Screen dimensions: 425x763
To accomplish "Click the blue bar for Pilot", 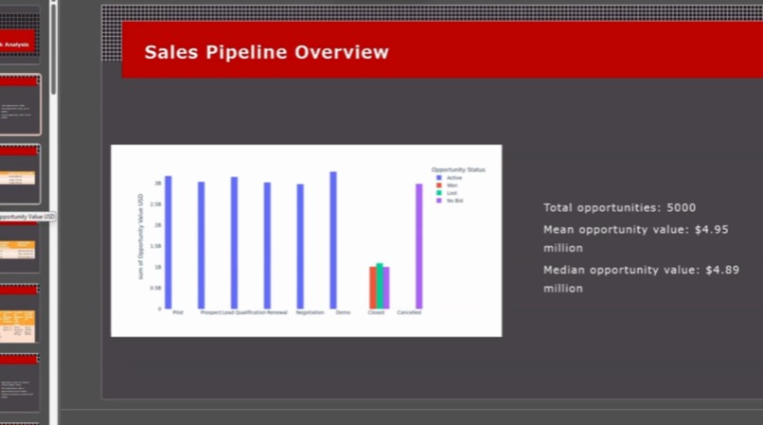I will click(x=169, y=242).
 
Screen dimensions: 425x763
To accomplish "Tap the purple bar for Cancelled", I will click(x=418, y=246).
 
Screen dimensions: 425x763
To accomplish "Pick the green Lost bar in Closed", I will click(x=380, y=286).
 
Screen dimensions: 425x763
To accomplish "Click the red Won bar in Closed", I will click(x=372, y=288).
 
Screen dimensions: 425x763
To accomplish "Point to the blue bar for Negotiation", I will click(x=300, y=246).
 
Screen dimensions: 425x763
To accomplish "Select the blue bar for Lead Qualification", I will click(x=234, y=242).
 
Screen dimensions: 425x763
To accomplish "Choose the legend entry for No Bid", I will click(x=454, y=201).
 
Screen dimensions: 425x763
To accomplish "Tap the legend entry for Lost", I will click(x=452, y=193).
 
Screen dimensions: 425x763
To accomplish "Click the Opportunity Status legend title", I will click(x=458, y=169).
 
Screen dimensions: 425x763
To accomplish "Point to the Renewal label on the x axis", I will click(x=276, y=312).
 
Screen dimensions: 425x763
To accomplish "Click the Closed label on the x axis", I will click(x=376, y=312).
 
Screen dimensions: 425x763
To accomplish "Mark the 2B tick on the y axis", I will click(x=158, y=225).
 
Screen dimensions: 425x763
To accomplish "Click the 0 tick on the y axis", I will click(x=160, y=309).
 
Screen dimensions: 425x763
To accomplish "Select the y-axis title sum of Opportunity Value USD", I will click(x=141, y=242).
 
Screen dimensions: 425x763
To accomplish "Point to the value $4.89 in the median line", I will click(x=727, y=270).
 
